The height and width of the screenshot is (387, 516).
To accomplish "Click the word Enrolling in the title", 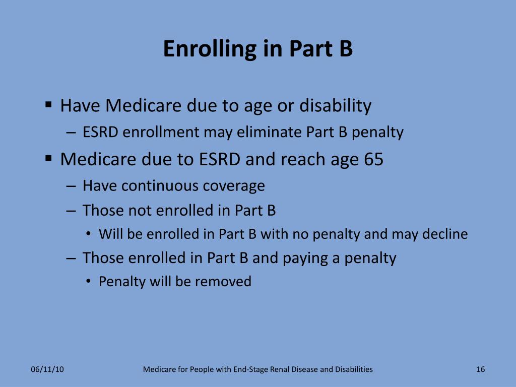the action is click(x=209, y=49).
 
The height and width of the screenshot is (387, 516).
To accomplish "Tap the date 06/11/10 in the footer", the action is click(x=47, y=369).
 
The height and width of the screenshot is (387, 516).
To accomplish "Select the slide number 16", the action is click(x=480, y=369).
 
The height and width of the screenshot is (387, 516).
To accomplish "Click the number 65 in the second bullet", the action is click(x=373, y=159).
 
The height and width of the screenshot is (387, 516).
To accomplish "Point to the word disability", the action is click(x=335, y=106).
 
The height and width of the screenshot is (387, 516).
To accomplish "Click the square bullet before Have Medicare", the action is click(x=49, y=105).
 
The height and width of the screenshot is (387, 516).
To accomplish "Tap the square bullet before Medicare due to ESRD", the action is click(x=49, y=159).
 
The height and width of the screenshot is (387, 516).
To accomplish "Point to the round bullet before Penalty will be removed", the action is click(x=88, y=282).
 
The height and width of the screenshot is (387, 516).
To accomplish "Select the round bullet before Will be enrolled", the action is click(x=88, y=234).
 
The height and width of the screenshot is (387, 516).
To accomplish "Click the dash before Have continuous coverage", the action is click(x=71, y=186).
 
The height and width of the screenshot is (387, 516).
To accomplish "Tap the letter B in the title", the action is click(x=345, y=49).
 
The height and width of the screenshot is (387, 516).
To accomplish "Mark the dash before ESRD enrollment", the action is click(x=71, y=133).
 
